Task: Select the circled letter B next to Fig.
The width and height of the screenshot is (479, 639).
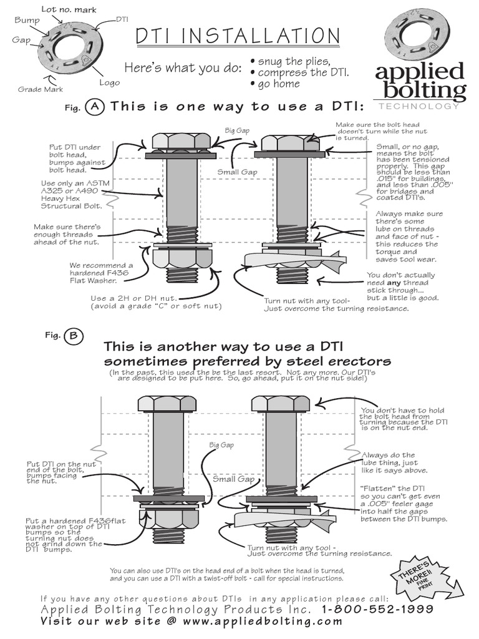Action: click(x=73, y=336)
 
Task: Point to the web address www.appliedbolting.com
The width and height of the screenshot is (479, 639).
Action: click(x=263, y=622)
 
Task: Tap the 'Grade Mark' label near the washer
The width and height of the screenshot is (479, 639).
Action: click(x=41, y=89)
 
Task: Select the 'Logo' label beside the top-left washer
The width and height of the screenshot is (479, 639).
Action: click(x=109, y=82)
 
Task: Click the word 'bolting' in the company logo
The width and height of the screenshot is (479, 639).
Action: click(x=421, y=91)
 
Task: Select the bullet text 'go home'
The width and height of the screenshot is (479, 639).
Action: click(x=278, y=84)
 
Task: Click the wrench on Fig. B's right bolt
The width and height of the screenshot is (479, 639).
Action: click(x=284, y=520)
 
